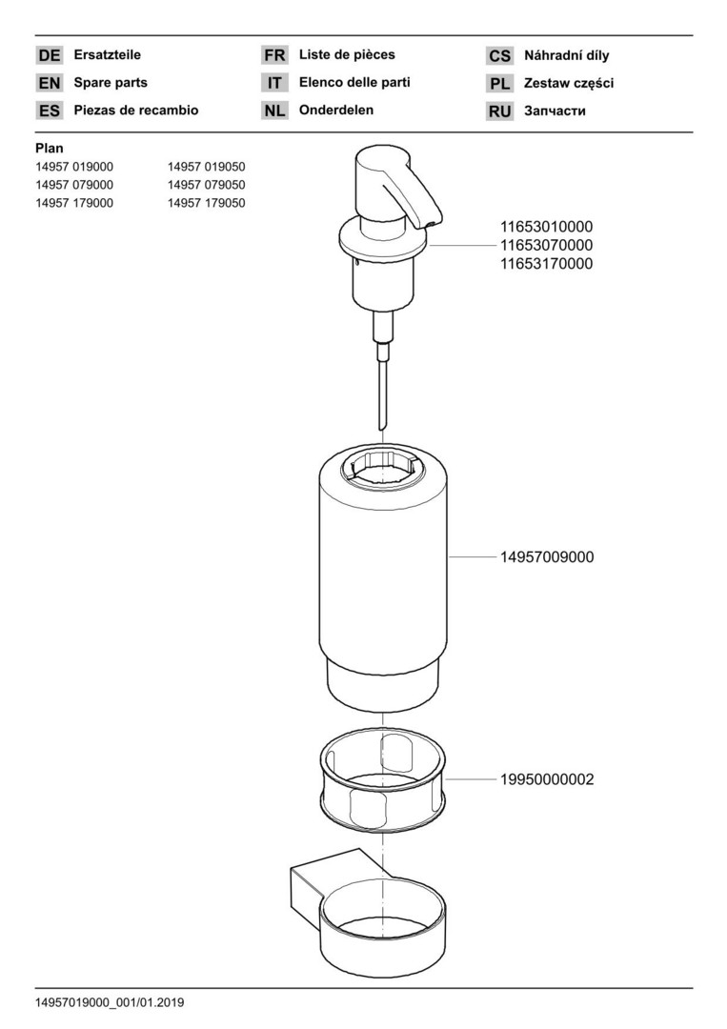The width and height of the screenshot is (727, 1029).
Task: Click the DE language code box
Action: point(50,56)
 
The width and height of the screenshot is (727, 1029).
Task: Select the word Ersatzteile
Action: point(107,55)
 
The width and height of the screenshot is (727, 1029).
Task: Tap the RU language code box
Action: point(499,111)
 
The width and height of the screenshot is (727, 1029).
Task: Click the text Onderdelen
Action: point(336,111)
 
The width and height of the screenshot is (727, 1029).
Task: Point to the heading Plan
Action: point(50,149)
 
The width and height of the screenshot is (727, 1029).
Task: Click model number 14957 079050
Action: point(206,185)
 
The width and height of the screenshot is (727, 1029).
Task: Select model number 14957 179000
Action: point(74,204)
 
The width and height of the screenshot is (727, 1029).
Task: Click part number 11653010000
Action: point(547,227)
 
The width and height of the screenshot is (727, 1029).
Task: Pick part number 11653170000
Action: point(547,264)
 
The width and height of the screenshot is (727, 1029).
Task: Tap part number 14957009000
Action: point(547,557)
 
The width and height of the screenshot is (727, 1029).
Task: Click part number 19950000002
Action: point(547,779)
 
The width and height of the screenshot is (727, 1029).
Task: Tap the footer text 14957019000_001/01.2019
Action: point(110,1002)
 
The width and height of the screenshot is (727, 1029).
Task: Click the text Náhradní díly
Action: point(566,56)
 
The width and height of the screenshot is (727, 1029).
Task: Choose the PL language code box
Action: point(499,84)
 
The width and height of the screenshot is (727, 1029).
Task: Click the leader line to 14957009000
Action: point(473,557)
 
